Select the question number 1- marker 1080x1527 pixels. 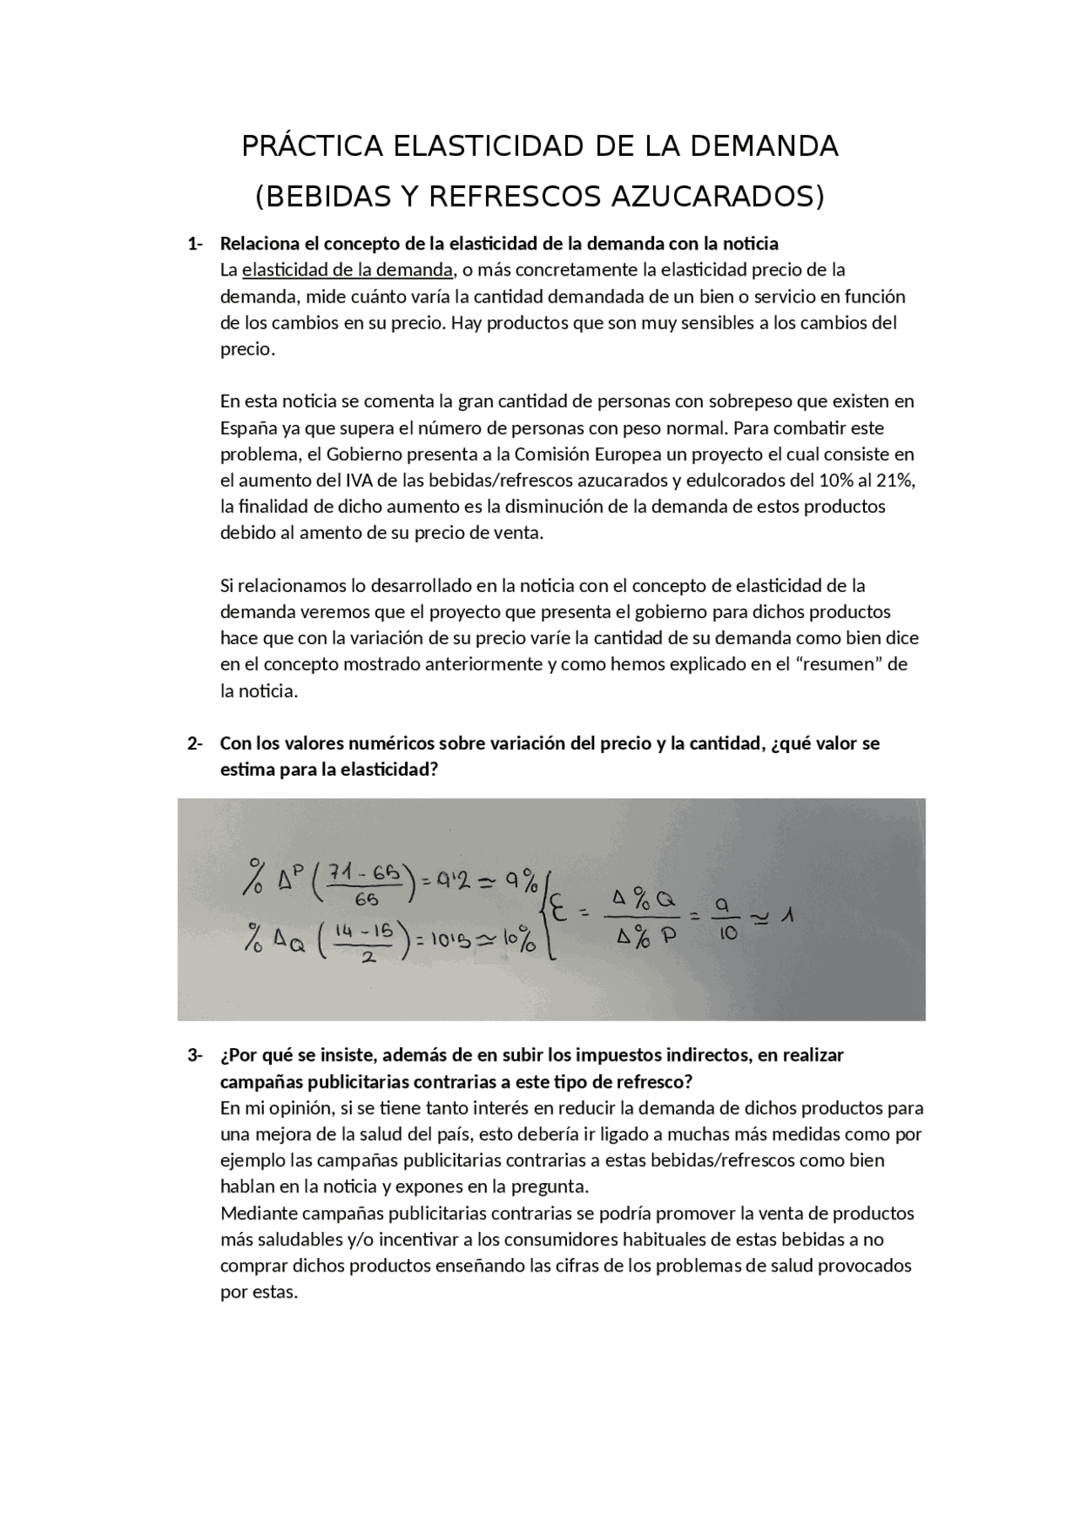195,244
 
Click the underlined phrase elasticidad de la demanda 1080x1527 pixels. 347,271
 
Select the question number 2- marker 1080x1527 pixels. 195,744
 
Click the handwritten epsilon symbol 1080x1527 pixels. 558,912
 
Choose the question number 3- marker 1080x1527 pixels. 195,1056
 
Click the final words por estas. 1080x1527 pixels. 259,1293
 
